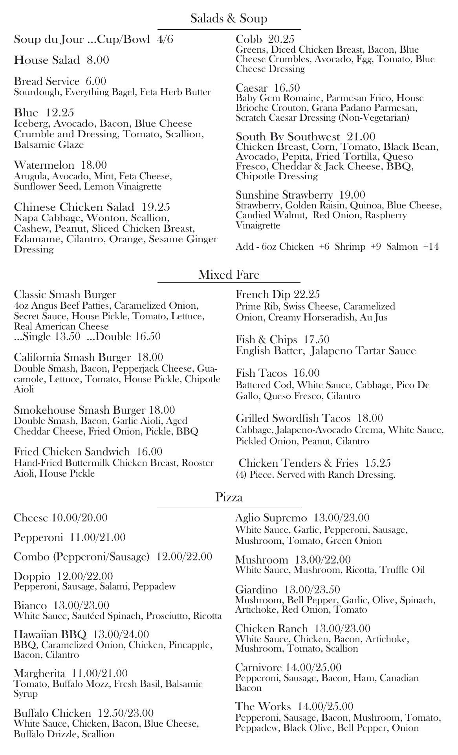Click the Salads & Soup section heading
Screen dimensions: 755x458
click(229, 18)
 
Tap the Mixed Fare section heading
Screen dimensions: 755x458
click(229, 274)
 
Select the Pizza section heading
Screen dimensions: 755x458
click(229, 497)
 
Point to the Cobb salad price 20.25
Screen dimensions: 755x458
click(281, 39)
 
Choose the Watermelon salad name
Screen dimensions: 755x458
click(44, 165)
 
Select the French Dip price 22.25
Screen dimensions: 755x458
click(307, 295)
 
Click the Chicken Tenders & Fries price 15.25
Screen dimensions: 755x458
click(377, 463)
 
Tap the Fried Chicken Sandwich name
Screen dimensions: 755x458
click(71, 451)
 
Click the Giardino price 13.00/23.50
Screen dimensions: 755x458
click(312, 590)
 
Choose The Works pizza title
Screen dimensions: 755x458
click(263, 707)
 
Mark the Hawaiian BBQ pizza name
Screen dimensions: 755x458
click(50, 634)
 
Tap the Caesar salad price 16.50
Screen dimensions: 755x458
click(287, 88)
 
